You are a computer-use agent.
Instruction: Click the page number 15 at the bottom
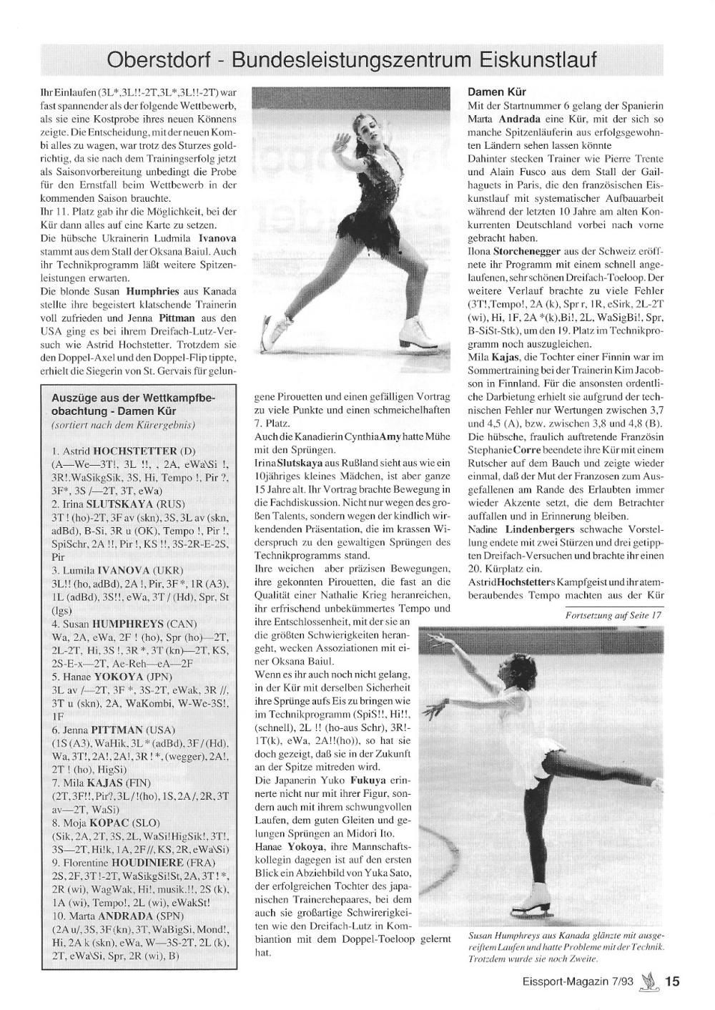click(x=673, y=982)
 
